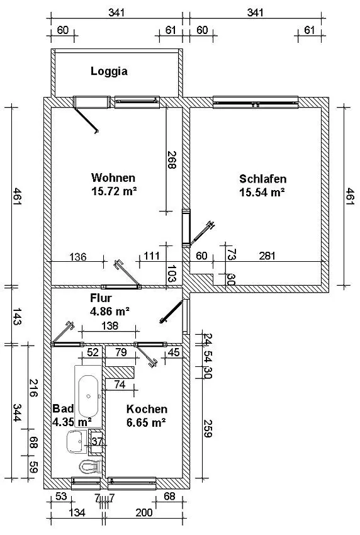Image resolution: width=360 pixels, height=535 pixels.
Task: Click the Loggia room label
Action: click(109, 71)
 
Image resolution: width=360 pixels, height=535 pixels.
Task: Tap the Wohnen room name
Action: click(113, 177)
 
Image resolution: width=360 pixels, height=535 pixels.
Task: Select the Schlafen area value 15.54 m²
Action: click(262, 192)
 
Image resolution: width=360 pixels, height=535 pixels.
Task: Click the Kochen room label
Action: click(147, 409)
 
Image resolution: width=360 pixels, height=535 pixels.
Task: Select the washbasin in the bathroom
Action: click(76, 441)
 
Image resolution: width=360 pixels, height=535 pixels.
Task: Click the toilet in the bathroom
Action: click(91, 467)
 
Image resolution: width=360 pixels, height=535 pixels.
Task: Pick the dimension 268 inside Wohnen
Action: click(172, 160)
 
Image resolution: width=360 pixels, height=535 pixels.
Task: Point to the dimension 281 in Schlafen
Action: click(267, 255)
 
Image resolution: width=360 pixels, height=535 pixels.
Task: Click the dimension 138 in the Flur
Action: click(110, 325)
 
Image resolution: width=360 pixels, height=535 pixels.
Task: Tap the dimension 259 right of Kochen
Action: click(208, 428)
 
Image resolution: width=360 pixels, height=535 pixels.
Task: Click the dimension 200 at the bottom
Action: click(144, 512)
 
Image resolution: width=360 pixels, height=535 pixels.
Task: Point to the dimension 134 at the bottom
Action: click(77, 512)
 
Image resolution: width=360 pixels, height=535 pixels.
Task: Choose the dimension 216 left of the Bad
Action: click(33, 388)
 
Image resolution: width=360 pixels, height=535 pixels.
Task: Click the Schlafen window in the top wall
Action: click(256, 103)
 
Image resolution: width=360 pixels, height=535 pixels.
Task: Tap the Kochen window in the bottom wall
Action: click(132, 483)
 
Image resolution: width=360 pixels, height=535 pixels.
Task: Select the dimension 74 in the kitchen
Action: click(120, 385)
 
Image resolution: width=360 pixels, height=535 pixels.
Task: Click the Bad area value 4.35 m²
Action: click(72, 422)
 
